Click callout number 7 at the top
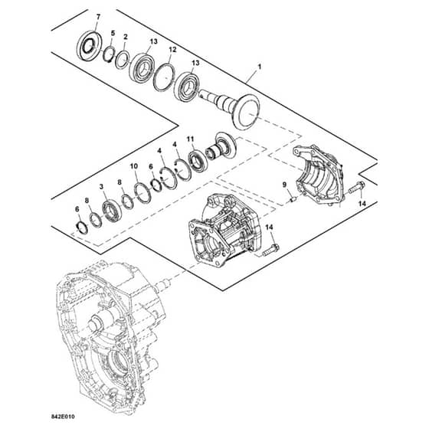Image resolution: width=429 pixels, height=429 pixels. [98, 17]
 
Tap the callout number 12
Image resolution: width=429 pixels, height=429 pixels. [172, 50]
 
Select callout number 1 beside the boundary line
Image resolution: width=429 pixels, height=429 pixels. [260, 67]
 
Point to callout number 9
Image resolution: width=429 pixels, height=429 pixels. [284, 185]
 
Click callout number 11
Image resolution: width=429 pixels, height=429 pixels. [191, 139]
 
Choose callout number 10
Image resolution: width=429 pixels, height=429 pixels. [134, 166]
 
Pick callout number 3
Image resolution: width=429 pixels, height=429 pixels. [101, 187]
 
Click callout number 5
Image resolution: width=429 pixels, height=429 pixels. [113, 34]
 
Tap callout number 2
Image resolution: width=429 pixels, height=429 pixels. [126, 37]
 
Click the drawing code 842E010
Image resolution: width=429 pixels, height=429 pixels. [63, 417]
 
